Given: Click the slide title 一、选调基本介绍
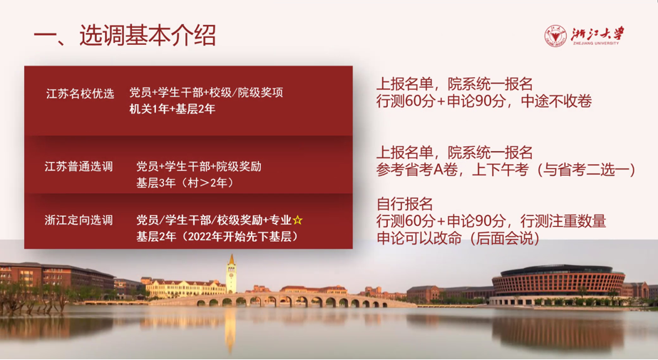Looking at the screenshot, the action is (125, 35).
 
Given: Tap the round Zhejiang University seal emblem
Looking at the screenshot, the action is (555, 36).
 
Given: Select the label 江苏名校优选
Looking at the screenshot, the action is (80, 93).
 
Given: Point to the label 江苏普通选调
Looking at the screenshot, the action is (79, 167).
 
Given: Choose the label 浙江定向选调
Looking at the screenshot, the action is (79, 220).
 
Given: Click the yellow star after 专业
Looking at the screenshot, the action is (297, 220).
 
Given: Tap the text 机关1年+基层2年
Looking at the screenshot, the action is (172, 109).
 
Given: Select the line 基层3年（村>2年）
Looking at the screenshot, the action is (185, 183).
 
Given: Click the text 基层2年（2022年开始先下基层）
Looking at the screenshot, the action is (217, 237).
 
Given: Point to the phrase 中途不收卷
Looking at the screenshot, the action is (556, 101).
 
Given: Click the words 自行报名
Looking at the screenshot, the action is (404, 204).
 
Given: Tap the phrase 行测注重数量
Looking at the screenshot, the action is (563, 221).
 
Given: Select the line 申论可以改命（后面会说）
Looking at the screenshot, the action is (458, 238).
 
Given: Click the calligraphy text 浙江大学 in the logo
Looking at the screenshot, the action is (597, 34).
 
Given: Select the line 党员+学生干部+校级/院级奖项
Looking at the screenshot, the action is (206, 93).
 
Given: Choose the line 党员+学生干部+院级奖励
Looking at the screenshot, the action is (198, 167).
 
